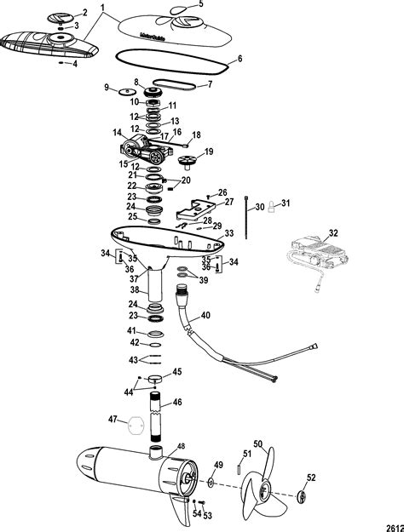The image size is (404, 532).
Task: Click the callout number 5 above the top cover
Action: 201,4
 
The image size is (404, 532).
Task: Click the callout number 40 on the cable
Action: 205,316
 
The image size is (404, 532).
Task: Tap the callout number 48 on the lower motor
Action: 180,446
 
